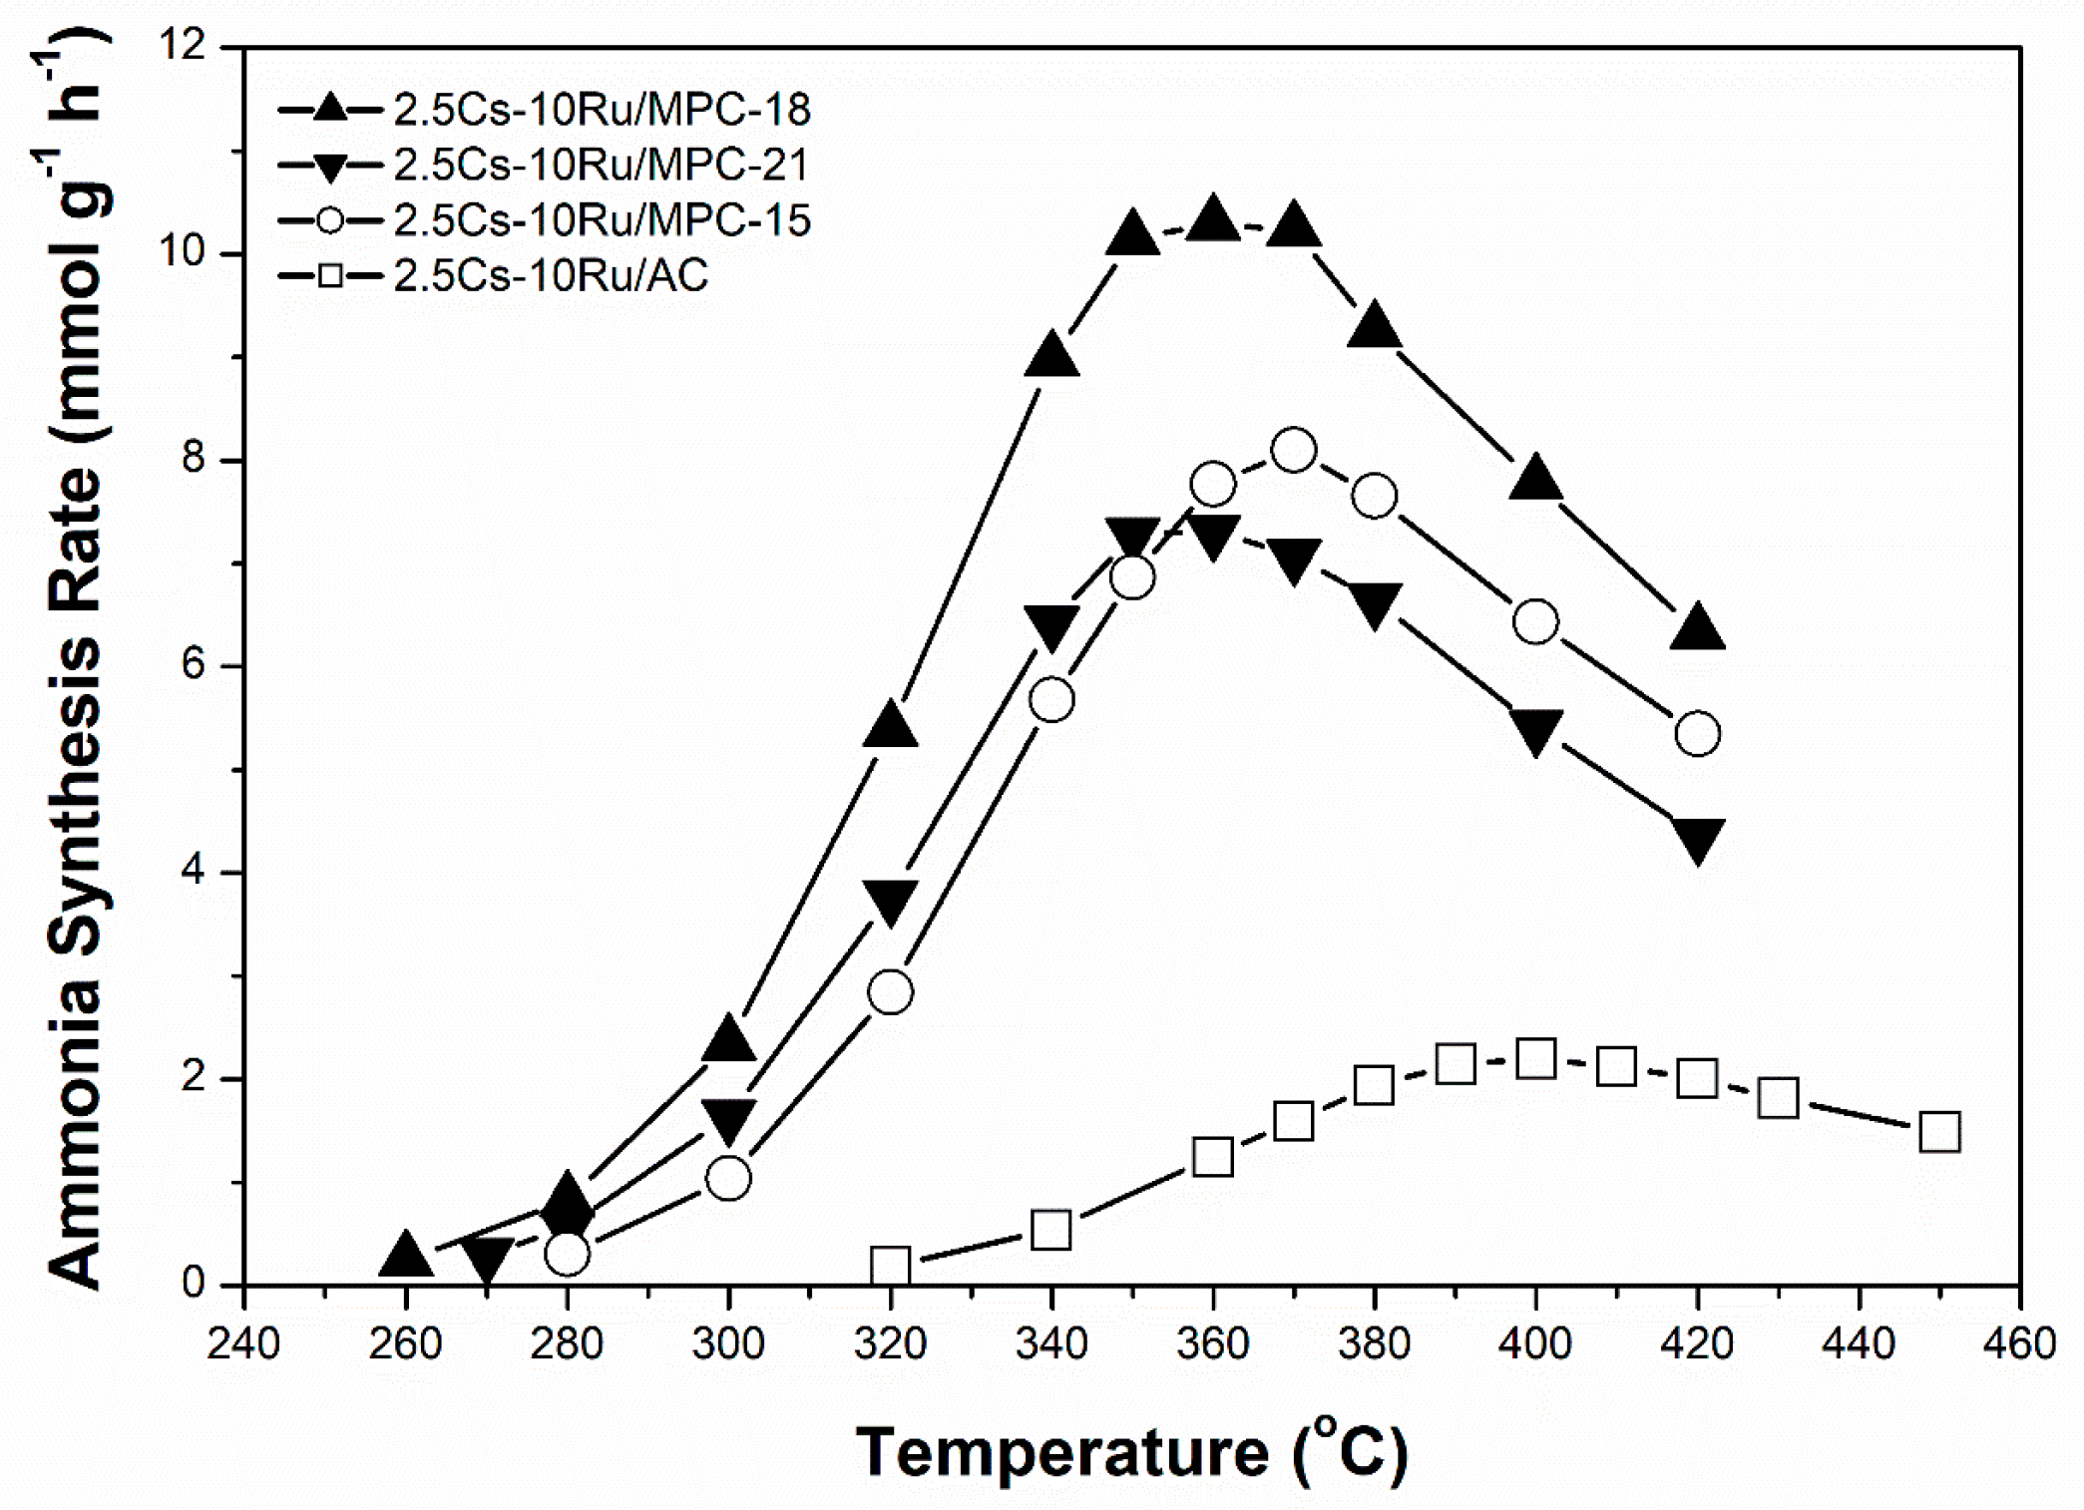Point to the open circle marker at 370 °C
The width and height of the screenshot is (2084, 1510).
(x=1294, y=451)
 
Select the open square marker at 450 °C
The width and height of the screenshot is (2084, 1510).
(x=1940, y=1133)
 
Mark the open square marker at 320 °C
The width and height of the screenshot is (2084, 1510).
(x=891, y=1266)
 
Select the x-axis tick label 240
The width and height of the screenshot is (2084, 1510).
(x=244, y=1344)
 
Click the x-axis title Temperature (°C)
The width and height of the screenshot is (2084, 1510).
(x=1131, y=1452)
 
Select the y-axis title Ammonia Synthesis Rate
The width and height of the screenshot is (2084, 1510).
(x=75, y=668)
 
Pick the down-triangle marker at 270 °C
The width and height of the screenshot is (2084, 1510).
(x=487, y=1260)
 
